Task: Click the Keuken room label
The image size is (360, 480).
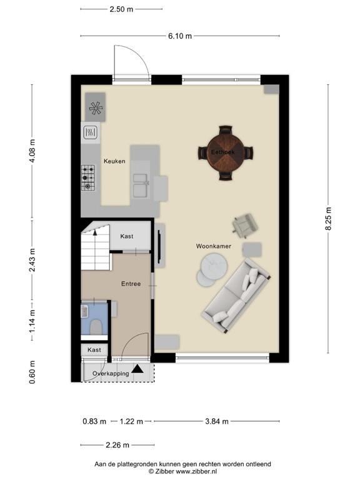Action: click(x=114, y=161)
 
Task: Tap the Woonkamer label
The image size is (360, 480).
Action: click(x=214, y=247)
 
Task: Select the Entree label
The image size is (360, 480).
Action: click(x=131, y=284)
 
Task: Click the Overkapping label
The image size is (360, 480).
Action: click(x=111, y=374)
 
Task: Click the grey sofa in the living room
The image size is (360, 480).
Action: click(x=238, y=294)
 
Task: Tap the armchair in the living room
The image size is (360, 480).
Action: click(x=244, y=225)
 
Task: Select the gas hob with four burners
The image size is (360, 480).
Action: click(x=87, y=177)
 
